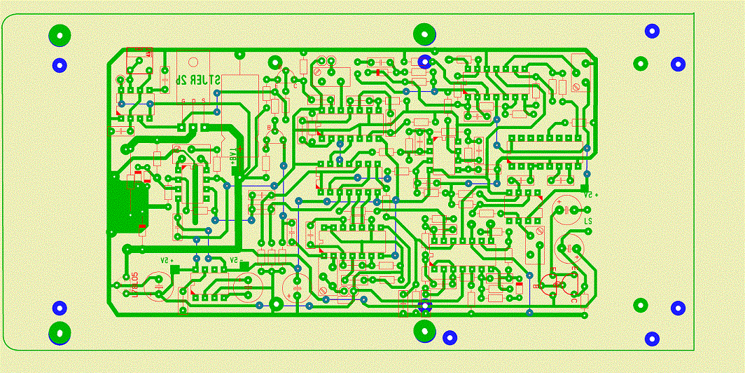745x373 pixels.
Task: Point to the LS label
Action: [587, 222]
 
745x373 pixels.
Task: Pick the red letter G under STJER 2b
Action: [183, 102]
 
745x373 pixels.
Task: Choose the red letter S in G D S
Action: [203, 102]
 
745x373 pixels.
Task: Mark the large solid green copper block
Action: [127, 204]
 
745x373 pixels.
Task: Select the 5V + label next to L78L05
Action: [167, 260]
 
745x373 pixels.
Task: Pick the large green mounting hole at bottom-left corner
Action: [60, 332]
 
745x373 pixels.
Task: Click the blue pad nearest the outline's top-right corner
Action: [653, 31]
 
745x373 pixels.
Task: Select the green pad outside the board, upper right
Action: [640, 64]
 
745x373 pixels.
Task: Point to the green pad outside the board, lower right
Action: [640, 306]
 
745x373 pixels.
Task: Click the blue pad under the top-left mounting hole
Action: [60, 65]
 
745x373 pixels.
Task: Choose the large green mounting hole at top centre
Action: [424, 33]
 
